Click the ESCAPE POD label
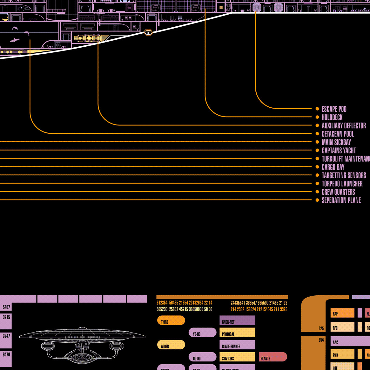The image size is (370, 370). point(334,109)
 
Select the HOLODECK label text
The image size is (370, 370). point(332,117)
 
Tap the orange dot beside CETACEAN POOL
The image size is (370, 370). point(317,134)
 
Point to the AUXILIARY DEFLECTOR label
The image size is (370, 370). point(344,125)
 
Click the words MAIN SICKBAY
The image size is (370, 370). point(336,142)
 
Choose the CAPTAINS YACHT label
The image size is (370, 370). point(339,150)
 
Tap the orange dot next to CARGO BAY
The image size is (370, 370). point(317,167)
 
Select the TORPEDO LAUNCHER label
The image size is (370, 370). point(342,184)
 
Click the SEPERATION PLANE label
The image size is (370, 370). point(341,200)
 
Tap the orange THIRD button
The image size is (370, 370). point(171,320)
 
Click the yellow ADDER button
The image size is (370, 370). point(171,345)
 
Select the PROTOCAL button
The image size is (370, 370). point(237,333)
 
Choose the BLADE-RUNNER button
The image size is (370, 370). point(237,345)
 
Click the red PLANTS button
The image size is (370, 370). point(273,357)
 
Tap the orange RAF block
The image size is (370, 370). point(342,313)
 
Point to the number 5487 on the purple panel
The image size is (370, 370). point(6,307)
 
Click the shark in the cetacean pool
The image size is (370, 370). point(15,40)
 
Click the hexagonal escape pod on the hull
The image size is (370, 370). point(148,32)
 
